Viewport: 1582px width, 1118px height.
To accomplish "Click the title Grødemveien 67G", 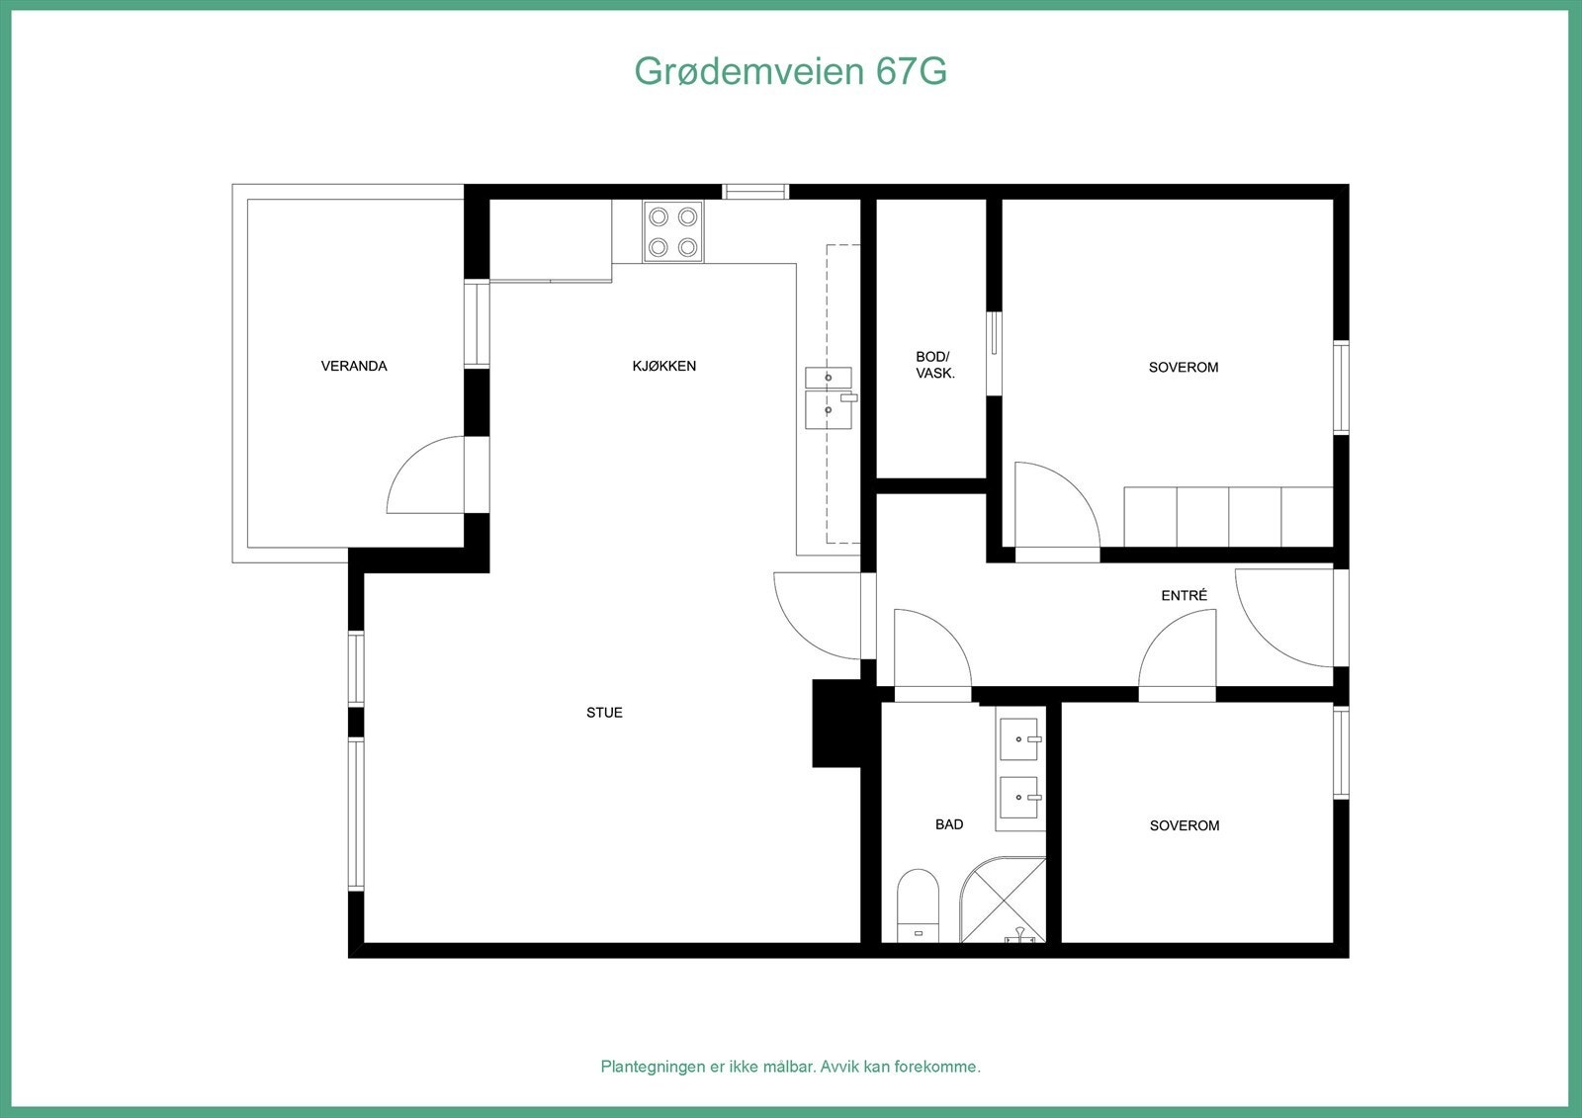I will click(x=790, y=71).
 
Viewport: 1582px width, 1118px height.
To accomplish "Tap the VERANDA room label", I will click(x=354, y=366).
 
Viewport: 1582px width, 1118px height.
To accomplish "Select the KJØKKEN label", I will click(x=663, y=366).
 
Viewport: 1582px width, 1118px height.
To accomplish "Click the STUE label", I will click(x=604, y=713).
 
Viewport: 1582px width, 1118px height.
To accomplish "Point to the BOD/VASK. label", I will click(x=934, y=365).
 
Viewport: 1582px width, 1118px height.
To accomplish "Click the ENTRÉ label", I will click(x=1184, y=595).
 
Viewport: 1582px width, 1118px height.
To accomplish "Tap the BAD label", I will click(x=948, y=824).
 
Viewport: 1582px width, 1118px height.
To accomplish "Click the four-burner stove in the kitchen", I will click(x=673, y=231).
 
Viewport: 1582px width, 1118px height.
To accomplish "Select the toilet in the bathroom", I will click(x=918, y=904).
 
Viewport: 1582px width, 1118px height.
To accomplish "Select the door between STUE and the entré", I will click(x=816, y=618).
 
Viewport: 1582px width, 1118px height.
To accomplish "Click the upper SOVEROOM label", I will click(x=1183, y=367).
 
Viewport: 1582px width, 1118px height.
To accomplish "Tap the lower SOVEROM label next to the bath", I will click(x=1184, y=825).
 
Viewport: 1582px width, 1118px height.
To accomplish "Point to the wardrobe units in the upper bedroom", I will click(x=1228, y=516).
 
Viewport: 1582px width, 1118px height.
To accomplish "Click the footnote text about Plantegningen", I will click(x=790, y=1067).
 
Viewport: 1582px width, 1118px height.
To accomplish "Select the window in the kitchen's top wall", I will click(x=755, y=192).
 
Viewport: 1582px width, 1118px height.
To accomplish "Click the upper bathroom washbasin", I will click(x=1019, y=738).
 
